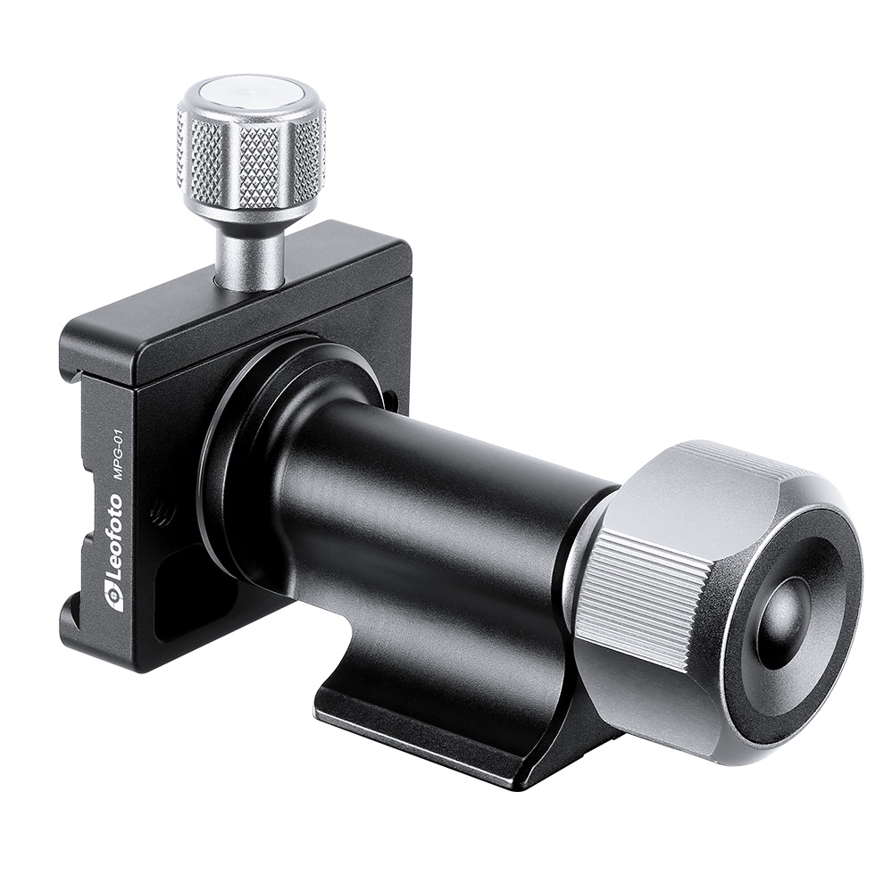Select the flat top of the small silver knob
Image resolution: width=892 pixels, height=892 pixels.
tap(251, 93)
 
